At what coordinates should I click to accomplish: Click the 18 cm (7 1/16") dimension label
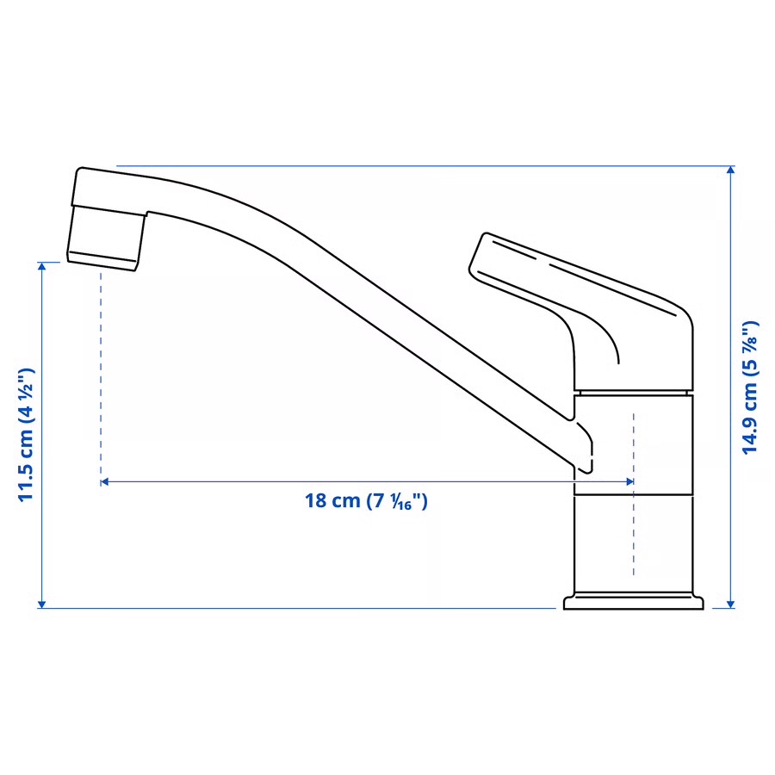click(x=366, y=500)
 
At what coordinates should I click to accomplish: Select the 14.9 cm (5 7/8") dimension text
click(x=752, y=387)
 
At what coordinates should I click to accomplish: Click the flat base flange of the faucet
click(x=633, y=601)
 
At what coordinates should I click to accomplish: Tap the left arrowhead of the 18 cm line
click(x=104, y=482)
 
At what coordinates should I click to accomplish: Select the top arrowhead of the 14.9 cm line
click(x=731, y=170)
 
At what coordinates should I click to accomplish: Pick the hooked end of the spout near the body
click(x=586, y=448)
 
